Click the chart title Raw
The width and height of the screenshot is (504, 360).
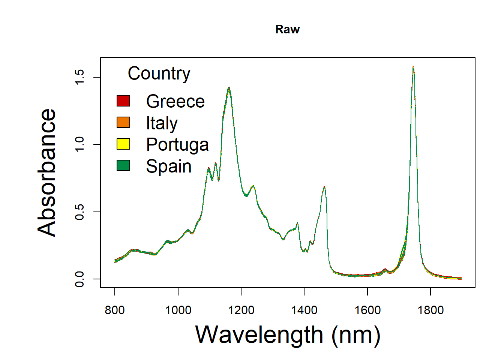tap(287, 29)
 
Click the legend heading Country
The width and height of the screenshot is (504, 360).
tap(159, 73)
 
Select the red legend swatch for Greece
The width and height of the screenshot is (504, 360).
tap(123, 101)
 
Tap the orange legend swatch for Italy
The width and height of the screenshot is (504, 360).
tap(123, 123)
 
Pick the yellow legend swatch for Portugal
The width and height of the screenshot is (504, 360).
tap(123, 144)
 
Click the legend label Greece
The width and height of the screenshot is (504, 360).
tap(175, 101)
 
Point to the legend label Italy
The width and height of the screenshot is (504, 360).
tap(162, 123)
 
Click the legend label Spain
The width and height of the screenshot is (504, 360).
tap(169, 166)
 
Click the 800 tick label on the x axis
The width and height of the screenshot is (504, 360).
tap(115, 310)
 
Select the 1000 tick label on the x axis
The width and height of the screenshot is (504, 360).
tap(178, 310)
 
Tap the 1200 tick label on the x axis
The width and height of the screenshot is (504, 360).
tap(241, 310)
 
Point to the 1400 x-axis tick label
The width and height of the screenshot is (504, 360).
tap(304, 310)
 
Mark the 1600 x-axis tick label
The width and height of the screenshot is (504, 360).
tap(367, 310)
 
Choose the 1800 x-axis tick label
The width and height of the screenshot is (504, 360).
tap(430, 310)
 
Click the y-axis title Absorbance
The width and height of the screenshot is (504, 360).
tap(47, 172)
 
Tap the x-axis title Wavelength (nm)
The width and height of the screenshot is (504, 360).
tap(288, 334)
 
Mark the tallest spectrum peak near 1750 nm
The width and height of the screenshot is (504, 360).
tap(413, 67)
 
